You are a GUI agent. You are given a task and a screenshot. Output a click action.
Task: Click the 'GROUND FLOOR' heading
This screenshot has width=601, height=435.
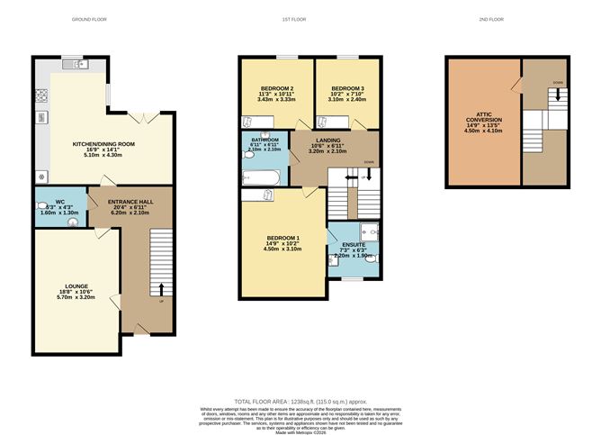point(90,19)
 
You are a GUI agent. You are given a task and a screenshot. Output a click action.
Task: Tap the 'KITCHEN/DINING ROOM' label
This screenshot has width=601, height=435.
point(103,143)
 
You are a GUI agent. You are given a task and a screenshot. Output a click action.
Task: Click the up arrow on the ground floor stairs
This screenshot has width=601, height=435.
point(161,290)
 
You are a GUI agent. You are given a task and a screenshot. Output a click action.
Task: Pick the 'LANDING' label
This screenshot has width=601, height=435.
point(327,140)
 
